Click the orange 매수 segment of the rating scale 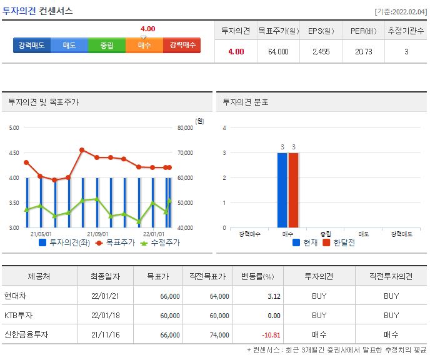click(x=144, y=45)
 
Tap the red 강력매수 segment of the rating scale click(x=182, y=45)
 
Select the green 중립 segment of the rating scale click(x=107, y=45)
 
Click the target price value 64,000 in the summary click(x=278, y=51)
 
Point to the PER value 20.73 click(x=363, y=51)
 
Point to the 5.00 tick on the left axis click(x=14, y=127)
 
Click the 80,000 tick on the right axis click(x=186, y=127)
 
